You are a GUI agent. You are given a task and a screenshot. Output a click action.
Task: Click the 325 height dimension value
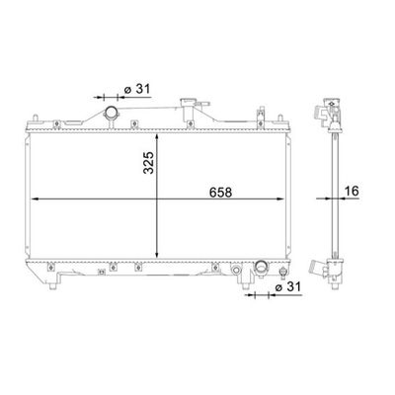pyautogui.click(x=149, y=163)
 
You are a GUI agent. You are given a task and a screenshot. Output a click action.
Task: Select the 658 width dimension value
pyautogui.click(x=221, y=193)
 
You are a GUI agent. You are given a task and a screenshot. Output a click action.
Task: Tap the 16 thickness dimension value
pyautogui.click(x=352, y=191)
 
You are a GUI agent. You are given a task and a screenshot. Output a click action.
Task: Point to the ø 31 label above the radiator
pyautogui.click(x=137, y=89)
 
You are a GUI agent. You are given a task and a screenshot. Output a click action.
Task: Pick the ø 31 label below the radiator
pyautogui.click(x=288, y=287)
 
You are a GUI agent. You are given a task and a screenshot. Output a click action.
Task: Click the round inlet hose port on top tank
pyautogui.click(x=112, y=114)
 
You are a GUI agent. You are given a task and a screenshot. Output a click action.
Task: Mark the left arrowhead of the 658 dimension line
pyautogui.click(x=35, y=198)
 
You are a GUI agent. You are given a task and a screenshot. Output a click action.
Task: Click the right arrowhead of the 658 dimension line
pyautogui.click(x=279, y=198)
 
